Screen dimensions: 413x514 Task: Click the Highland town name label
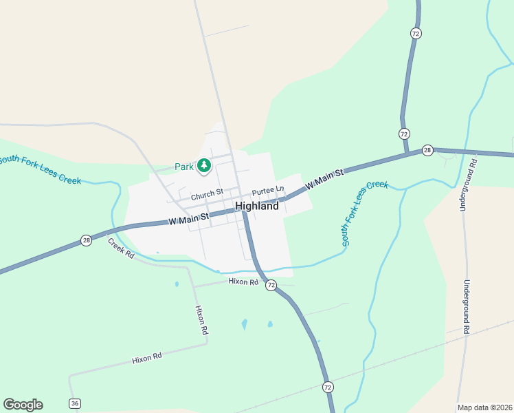(257, 206)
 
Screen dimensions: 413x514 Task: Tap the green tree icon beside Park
(203, 166)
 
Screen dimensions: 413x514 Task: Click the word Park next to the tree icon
(184, 167)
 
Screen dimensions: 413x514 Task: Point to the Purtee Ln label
(267, 190)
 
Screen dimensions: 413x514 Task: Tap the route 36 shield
(74, 403)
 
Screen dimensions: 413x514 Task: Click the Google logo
(23, 405)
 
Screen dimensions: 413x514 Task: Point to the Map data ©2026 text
(484, 407)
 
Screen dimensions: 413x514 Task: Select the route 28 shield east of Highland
(427, 150)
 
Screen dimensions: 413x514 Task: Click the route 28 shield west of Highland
(86, 240)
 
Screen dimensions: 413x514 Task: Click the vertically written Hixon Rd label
(201, 319)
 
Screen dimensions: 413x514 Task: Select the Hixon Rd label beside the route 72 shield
(244, 282)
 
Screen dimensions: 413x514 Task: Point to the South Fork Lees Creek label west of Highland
(39, 169)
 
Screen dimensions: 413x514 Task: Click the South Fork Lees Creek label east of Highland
(365, 213)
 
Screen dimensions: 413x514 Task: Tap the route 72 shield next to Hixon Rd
(271, 285)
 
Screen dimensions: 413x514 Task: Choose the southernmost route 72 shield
(328, 387)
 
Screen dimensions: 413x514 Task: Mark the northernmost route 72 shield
(415, 33)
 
